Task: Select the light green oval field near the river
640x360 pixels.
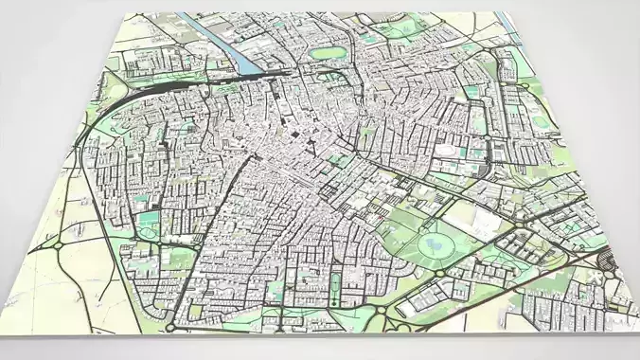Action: click(x=328, y=54)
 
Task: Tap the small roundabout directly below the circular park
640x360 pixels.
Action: click(x=441, y=276)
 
